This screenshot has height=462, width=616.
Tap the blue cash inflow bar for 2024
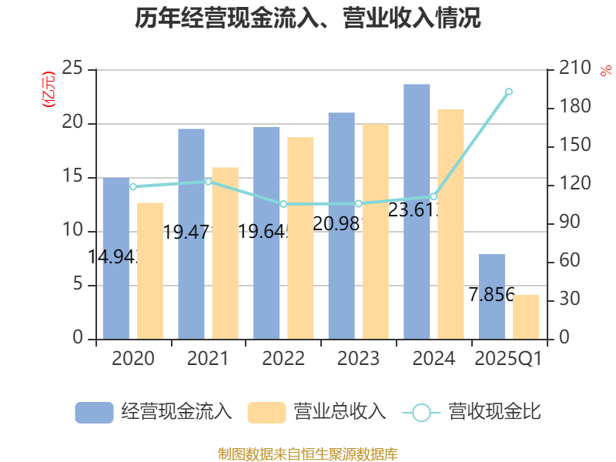coord(417,211)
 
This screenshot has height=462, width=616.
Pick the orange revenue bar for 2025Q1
coord(527,316)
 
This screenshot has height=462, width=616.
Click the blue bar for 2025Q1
coord(491,296)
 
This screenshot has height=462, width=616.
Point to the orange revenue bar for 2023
coord(376,231)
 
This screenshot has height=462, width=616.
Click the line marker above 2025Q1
coord(509,92)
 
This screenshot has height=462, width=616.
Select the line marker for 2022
coord(283,204)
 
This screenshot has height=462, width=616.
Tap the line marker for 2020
coord(133,186)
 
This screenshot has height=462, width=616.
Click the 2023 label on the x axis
coord(358,359)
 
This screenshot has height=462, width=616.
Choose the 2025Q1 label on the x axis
coord(508,359)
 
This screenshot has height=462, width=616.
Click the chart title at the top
coord(308,19)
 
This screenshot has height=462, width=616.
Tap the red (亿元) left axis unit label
coord(49,89)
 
